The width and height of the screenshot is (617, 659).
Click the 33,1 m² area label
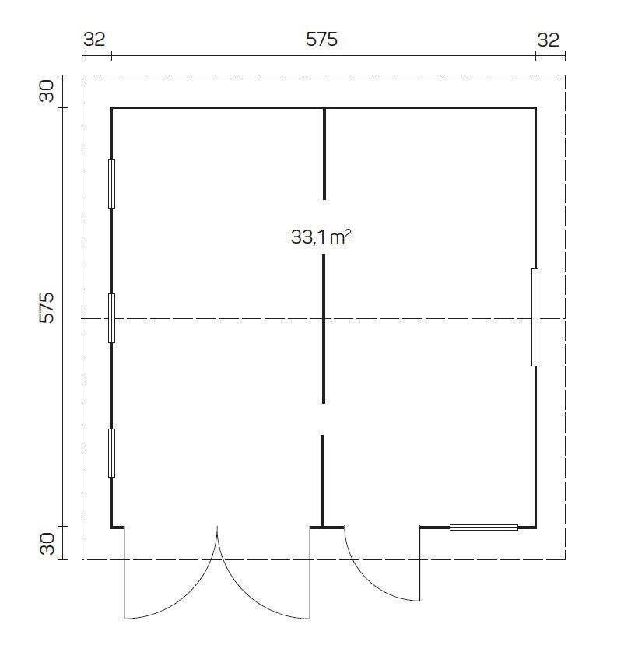click(321, 237)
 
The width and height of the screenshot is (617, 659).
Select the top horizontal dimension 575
click(321, 40)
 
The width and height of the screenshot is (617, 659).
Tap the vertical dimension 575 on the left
click(47, 307)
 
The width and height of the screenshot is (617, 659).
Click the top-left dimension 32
click(94, 40)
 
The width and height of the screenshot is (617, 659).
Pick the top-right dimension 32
click(548, 40)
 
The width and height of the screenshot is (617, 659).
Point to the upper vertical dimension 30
click(47, 91)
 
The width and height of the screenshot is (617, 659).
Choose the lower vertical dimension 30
click(47, 544)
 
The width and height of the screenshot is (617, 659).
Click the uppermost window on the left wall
click(111, 184)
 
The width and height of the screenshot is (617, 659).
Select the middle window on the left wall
click(111, 318)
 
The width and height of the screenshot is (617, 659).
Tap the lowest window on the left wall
click(111, 453)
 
